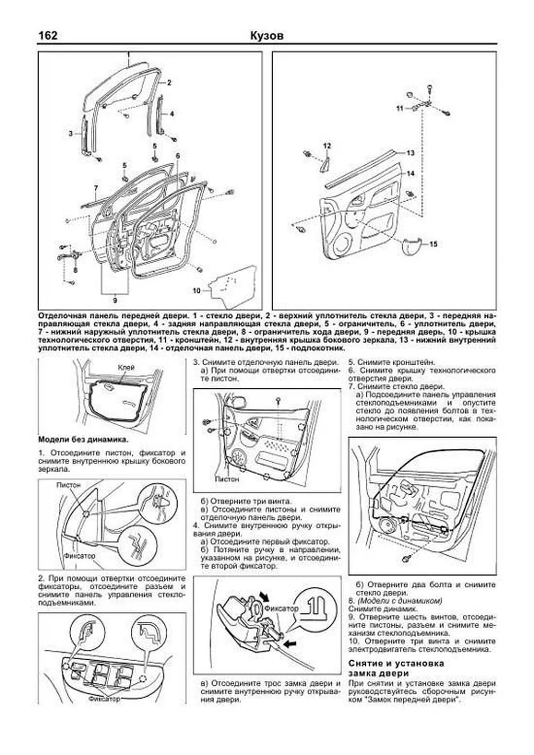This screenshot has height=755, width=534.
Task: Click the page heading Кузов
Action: (x=267, y=36)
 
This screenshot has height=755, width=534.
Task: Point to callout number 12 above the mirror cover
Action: (x=327, y=146)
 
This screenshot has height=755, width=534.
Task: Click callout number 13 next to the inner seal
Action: (x=410, y=153)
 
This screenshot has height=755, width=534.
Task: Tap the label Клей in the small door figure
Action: (x=126, y=367)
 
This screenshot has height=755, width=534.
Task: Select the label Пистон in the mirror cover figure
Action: (x=69, y=484)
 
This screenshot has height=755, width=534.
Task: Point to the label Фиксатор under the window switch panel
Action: (x=104, y=699)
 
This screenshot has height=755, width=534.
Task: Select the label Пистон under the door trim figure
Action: (x=227, y=479)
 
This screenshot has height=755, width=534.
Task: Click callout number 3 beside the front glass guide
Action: (x=70, y=133)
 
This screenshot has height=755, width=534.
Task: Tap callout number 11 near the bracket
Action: (x=400, y=108)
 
